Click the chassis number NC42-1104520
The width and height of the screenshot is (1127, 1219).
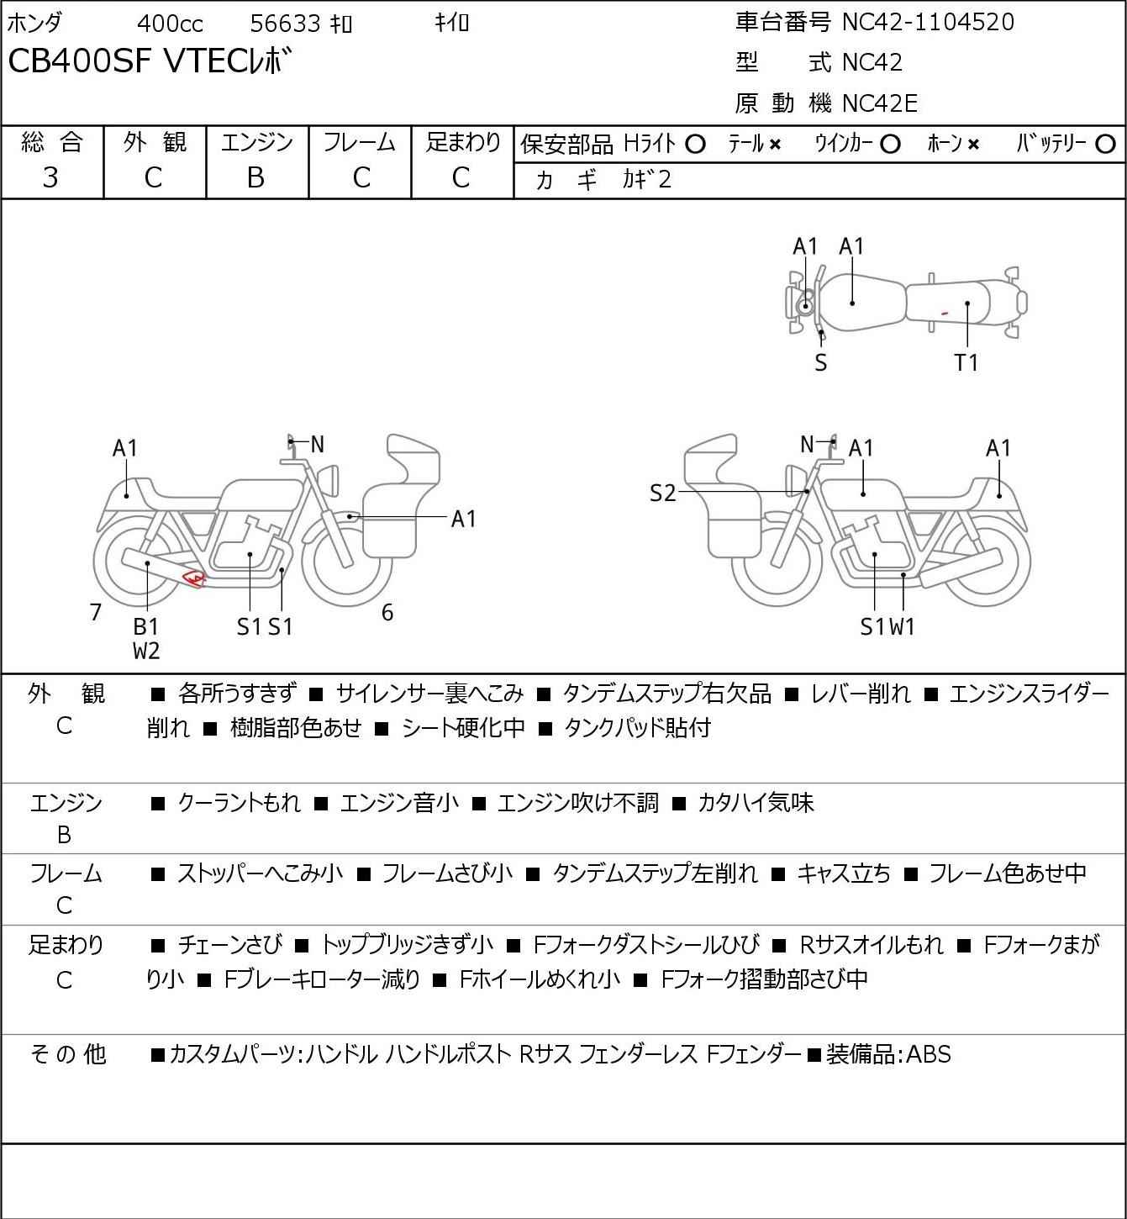tap(928, 22)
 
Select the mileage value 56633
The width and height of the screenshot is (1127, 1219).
tap(286, 24)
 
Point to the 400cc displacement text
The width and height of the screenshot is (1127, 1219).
tap(170, 24)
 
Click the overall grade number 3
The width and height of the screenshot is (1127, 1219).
tap(50, 177)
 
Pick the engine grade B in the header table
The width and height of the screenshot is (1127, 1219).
tap(255, 177)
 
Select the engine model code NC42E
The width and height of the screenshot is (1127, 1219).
tap(880, 103)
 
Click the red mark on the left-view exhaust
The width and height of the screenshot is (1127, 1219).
tap(194, 578)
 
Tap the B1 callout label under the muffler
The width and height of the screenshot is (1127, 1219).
tap(146, 626)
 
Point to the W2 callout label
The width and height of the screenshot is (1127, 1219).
tap(146, 650)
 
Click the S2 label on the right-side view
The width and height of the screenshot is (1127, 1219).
tap(662, 493)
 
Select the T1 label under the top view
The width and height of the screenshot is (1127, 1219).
tap(966, 362)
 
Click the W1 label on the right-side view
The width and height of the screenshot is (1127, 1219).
tap(903, 626)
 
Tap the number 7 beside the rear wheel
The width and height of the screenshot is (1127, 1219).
tap(96, 612)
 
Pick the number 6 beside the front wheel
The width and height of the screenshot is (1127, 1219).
tap(387, 612)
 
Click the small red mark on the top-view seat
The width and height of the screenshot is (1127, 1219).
tap(944, 314)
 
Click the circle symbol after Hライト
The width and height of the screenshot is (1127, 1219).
tap(695, 145)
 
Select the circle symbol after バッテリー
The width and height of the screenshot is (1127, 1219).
tap(1105, 145)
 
